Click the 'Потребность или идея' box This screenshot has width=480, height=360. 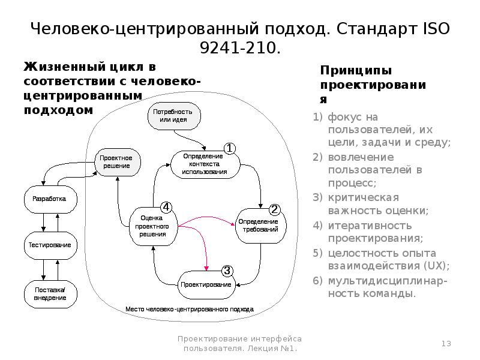(173, 116)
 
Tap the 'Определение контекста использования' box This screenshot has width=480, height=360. (204, 163)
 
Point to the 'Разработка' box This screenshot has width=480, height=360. (50, 199)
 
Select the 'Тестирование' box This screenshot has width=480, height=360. (50, 245)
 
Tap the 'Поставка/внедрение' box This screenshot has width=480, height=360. (50, 294)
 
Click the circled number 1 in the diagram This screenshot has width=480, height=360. (230, 148)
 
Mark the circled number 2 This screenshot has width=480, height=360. (274, 209)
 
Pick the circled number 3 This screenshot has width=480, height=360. (227, 270)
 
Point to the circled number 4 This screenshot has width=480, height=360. (167, 206)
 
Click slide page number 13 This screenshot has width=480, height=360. (446, 343)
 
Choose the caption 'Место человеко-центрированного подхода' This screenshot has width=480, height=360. (190, 310)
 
